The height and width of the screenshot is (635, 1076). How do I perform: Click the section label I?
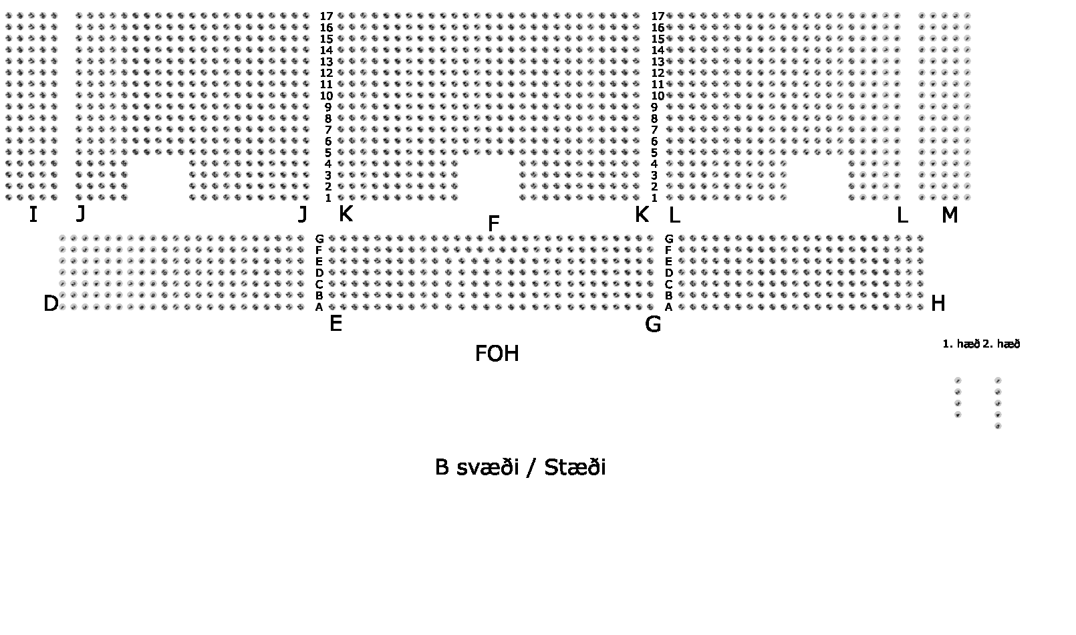click(x=33, y=215)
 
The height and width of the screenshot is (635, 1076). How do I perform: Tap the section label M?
click(x=950, y=215)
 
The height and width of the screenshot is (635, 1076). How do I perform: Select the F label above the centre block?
click(x=494, y=225)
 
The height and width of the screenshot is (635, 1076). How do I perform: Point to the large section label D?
click(x=51, y=304)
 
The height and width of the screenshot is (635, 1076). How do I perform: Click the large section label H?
click(x=938, y=304)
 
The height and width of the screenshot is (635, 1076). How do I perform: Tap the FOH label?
click(x=497, y=354)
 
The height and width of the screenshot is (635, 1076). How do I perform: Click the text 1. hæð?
click(x=960, y=344)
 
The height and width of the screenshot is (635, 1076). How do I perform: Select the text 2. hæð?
click(x=1002, y=344)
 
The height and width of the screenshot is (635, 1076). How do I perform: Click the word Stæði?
click(x=575, y=467)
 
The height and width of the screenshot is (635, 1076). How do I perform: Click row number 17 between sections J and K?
click(x=326, y=16)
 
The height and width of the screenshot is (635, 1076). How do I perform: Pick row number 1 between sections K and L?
click(x=654, y=198)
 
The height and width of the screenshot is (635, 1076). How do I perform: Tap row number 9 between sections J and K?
click(x=328, y=107)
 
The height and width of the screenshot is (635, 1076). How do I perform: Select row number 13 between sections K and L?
click(x=658, y=61)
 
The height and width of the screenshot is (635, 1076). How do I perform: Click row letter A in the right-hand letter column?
click(x=668, y=307)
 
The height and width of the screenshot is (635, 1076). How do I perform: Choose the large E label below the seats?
click(x=335, y=324)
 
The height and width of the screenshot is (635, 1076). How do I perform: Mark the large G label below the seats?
click(x=653, y=325)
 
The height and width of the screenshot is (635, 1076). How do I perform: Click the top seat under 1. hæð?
click(x=958, y=380)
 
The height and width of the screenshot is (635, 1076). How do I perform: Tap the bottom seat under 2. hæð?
click(x=998, y=426)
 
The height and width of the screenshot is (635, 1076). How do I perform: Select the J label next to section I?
click(x=81, y=214)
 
